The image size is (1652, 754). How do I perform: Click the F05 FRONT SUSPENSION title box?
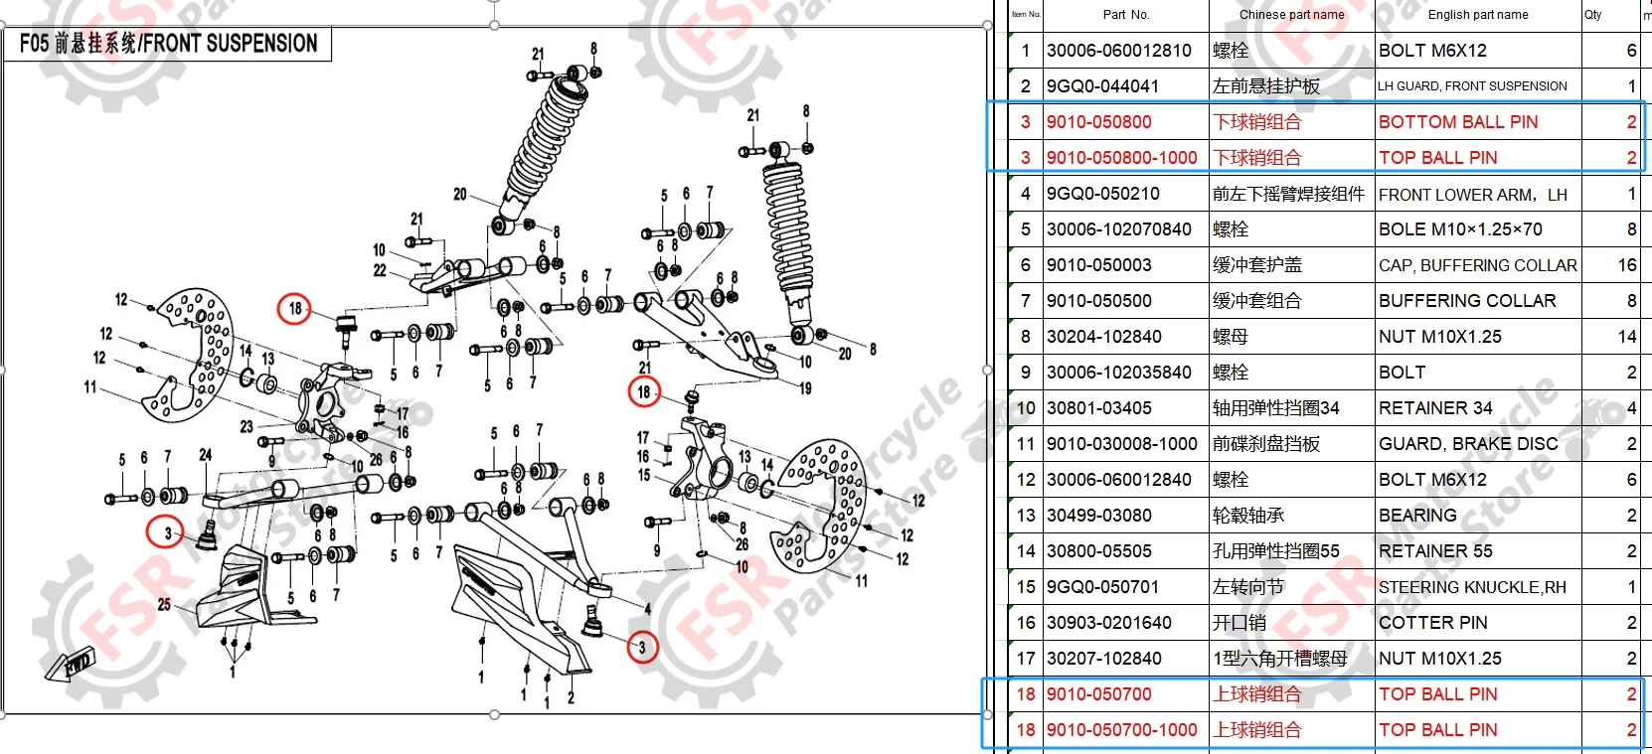tap(168, 44)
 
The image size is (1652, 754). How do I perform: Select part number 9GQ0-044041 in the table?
tap(1102, 86)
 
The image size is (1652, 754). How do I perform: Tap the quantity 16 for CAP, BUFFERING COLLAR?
tap(1626, 265)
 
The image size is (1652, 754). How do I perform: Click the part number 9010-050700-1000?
tap(1121, 730)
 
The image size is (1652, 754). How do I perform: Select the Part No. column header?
tap(1125, 15)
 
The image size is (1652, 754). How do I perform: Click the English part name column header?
tap(1477, 15)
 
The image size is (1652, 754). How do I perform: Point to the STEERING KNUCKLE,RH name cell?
tap(1471, 587)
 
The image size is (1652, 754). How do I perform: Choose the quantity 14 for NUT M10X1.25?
tap(1626, 337)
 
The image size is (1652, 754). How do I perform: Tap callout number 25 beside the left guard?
tap(164, 604)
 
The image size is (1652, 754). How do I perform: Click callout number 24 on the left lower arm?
tap(205, 455)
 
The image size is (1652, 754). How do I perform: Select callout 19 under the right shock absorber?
tap(805, 388)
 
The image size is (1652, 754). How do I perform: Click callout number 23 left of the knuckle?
tap(247, 427)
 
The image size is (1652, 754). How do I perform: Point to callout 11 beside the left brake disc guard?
tap(90, 386)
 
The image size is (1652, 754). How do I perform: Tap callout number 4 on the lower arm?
tap(647, 608)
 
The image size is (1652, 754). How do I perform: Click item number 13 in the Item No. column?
tap(1026, 516)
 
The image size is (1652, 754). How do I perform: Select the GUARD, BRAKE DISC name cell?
tap(1467, 444)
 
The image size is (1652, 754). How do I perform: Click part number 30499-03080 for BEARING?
tap(1098, 516)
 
